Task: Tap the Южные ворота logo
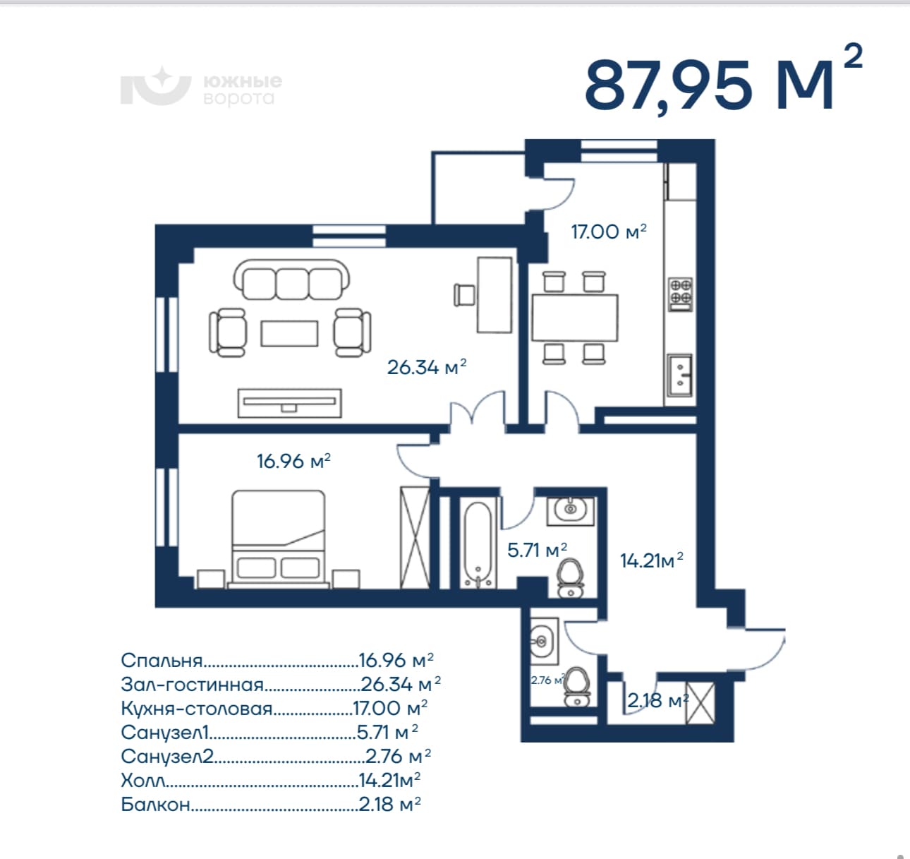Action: click(201, 86)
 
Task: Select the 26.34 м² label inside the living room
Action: click(427, 367)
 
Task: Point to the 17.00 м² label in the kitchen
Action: click(609, 232)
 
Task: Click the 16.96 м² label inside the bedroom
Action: click(293, 461)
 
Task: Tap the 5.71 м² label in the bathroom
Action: click(537, 550)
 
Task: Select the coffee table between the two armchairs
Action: click(290, 333)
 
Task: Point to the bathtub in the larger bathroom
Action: click(478, 544)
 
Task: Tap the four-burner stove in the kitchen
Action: click(681, 294)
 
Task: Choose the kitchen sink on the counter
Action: click(679, 375)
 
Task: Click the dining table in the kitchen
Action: click(575, 318)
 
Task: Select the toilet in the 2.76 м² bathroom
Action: click(577, 687)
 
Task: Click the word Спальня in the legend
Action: click(162, 661)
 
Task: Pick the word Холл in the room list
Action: click(143, 780)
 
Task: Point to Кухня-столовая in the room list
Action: click(197, 709)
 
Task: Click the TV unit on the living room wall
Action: click(290, 403)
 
